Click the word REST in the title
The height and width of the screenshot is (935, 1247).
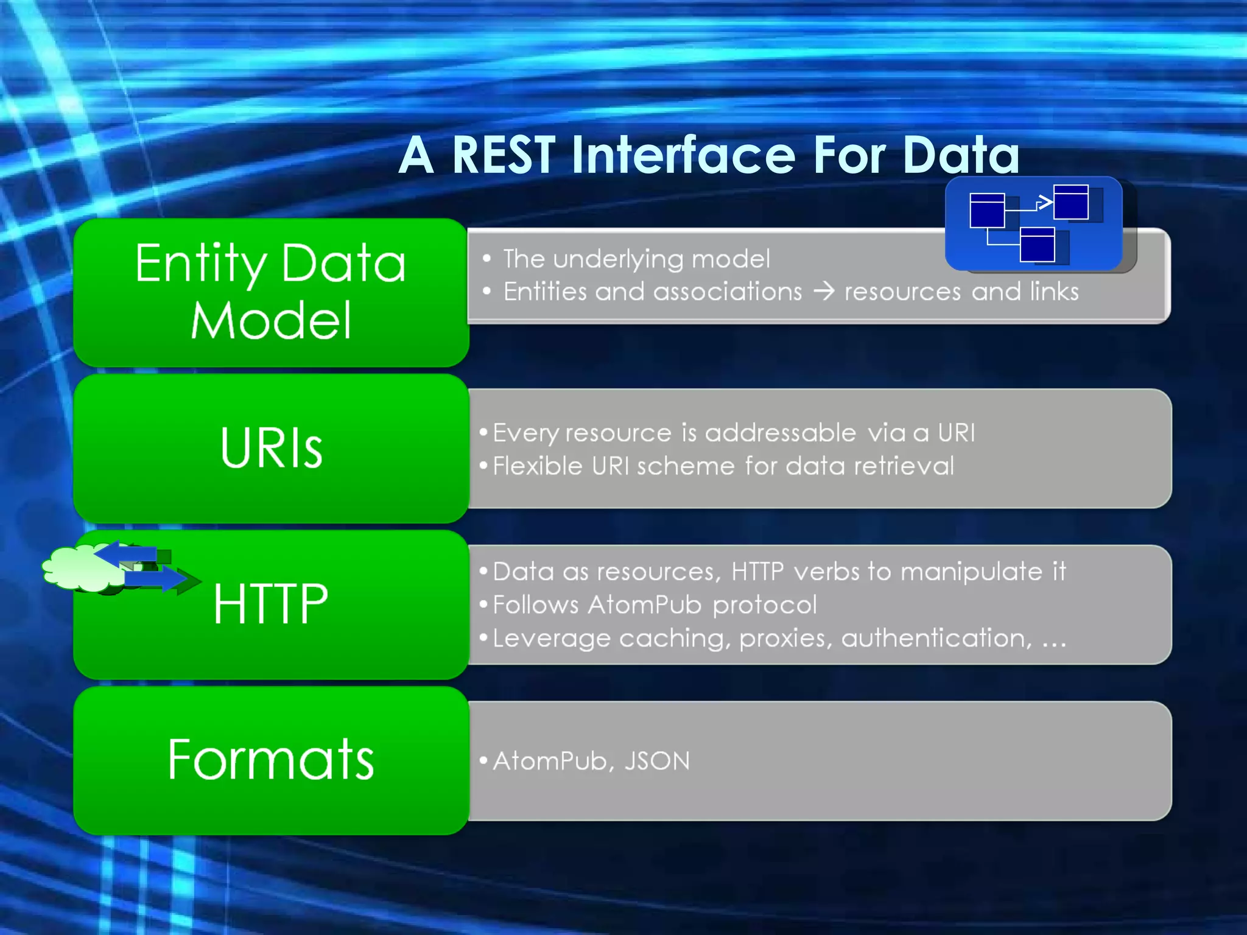pyautogui.click(x=503, y=156)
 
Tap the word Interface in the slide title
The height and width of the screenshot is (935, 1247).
pyautogui.click(x=683, y=155)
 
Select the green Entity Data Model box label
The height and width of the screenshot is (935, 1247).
pyautogui.click(x=270, y=291)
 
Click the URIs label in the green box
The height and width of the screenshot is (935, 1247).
pyautogui.click(x=271, y=448)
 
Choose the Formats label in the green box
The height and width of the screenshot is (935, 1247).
pyautogui.click(x=271, y=760)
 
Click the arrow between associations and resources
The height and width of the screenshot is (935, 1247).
pyautogui.click(x=824, y=292)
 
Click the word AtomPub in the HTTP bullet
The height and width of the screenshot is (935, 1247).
pyautogui.click(x=645, y=605)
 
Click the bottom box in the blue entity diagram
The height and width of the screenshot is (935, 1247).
pyautogui.click(x=1038, y=245)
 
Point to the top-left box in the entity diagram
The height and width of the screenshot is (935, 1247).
pyautogui.click(x=986, y=211)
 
